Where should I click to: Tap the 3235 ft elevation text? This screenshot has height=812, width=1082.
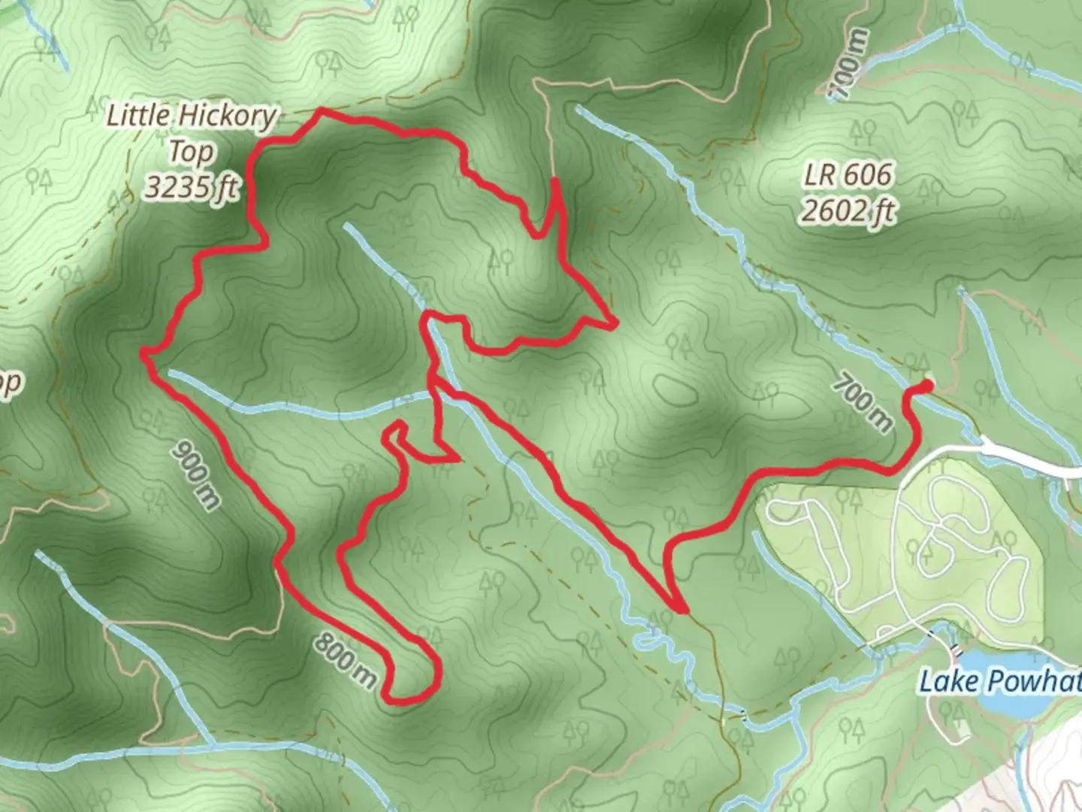[x=191, y=186]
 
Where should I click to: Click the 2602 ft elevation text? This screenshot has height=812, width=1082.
[x=847, y=211]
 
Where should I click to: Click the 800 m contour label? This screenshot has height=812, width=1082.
[x=345, y=660]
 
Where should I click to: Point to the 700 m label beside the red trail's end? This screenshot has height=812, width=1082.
[x=863, y=404]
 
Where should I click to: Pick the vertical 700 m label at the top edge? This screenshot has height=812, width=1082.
[x=848, y=65]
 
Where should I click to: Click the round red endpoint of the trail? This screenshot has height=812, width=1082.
[x=926, y=386]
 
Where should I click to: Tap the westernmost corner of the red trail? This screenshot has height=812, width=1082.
[x=143, y=351]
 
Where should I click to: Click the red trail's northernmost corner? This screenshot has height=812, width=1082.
[x=322, y=111]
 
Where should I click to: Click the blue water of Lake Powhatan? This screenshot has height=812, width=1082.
[x=1007, y=703]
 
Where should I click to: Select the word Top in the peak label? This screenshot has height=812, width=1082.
[x=190, y=152]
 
